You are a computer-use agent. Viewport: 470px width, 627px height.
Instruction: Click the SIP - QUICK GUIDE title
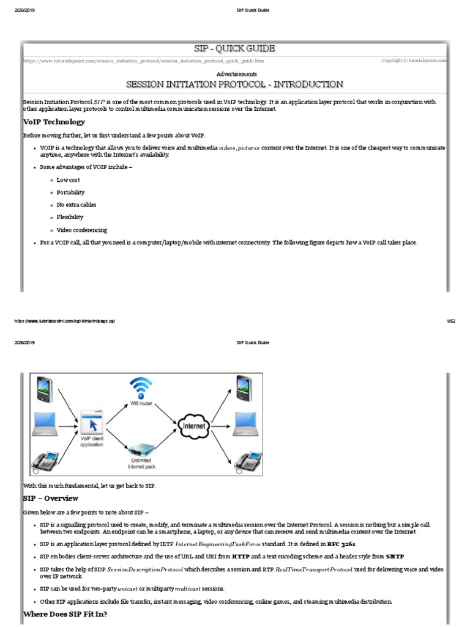[x=234, y=49]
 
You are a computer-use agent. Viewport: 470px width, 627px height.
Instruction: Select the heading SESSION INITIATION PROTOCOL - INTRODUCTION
[x=234, y=84]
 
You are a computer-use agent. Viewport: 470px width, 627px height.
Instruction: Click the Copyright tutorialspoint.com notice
[x=414, y=61]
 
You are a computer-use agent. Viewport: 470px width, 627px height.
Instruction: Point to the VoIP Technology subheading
[x=54, y=122]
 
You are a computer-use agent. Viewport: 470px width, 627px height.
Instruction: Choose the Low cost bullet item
[x=68, y=180]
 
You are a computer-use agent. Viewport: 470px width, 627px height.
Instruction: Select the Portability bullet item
[x=70, y=192]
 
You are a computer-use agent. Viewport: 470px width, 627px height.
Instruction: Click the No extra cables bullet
[x=76, y=205]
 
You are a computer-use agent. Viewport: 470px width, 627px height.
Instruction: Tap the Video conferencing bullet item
[x=81, y=230]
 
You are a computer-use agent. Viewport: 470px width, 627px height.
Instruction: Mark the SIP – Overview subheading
[x=51, y=498]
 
